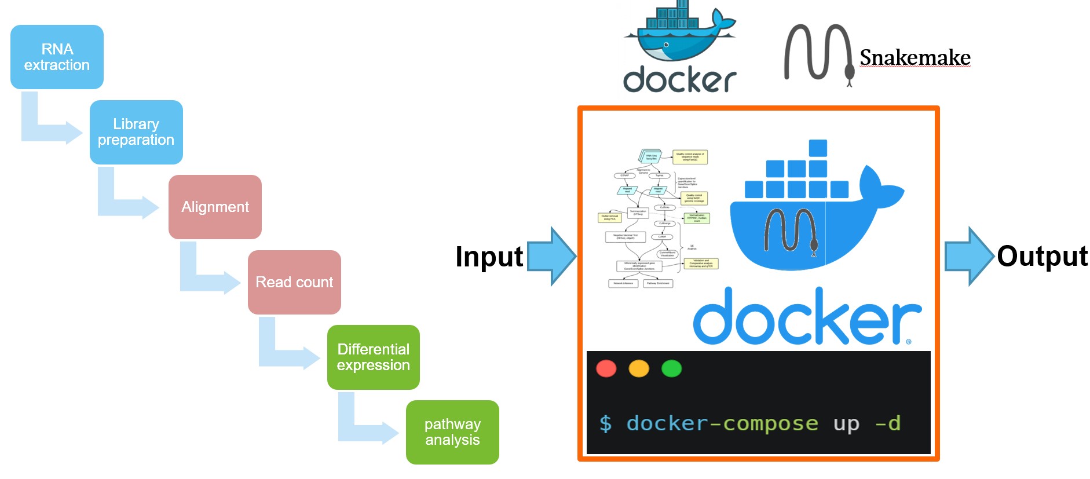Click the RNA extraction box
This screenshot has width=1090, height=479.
coord(57,57)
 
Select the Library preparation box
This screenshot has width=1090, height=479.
coord(136,132)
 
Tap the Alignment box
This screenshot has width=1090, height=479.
coord(215,207)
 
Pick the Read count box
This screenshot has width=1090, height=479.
coord(294,282)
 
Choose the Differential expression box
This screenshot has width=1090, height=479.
coord(373,357)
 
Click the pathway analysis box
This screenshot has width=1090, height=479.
coord(452,432)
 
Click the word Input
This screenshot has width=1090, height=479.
coord(489,257)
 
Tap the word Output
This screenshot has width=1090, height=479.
coord(1042,256)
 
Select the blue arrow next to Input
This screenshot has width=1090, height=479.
coord(551,256)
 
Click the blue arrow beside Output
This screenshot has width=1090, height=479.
coord(969,256)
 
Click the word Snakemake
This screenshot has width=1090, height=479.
coord(915,57)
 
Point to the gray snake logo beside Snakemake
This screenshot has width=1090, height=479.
coord(818,54)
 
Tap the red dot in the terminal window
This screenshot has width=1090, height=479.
coord(606,368)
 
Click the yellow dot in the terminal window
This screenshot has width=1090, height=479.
coord(639,368)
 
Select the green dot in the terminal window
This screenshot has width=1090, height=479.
coord(671,368)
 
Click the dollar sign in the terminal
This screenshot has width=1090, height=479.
coord(605,423)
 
